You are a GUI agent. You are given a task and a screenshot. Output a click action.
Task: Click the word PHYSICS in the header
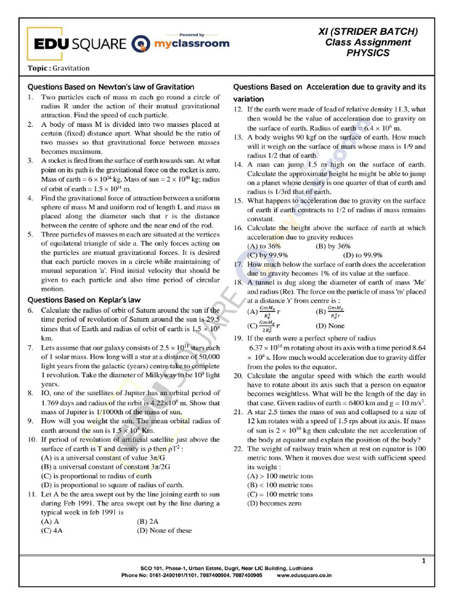pyautogui.click(x=367, y=53)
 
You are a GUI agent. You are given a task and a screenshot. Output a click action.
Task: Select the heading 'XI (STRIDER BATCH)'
pyautogui.click(x=367, y=31)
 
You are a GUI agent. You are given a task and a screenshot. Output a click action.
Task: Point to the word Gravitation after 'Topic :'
pyautogui.click(x=71, y=68)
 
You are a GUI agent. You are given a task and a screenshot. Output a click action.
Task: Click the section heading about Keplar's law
pyautogui.click(x=84, y=300)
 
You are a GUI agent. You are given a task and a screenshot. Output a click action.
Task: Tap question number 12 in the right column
pyautogui.click(x=238, y=109)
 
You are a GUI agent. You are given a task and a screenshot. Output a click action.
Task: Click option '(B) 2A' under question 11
pyautogui.click(x=148, y=521)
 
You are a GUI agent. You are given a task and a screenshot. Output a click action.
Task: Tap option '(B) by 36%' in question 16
pyautogui.click(x=333, y=246)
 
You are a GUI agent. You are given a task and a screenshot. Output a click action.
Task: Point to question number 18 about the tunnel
pyautogui.click(x=238, y=283)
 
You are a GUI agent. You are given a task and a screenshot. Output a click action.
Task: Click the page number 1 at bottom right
pyautogui.click(x=424, y=560)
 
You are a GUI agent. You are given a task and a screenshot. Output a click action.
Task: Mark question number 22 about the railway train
pyautogui.click(x=238, y=448)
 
